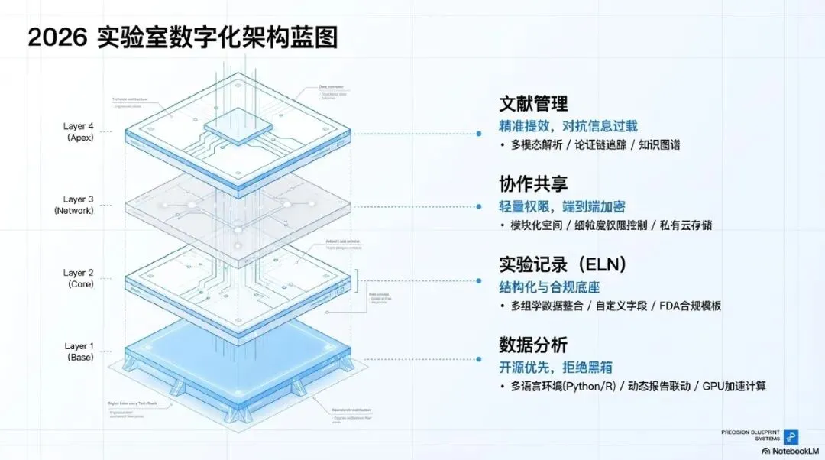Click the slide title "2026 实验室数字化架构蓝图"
tap(183, 36)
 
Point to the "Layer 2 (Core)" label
tap(79, 278)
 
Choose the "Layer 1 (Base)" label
tap(79, 351)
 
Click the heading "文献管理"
tap(533, 104)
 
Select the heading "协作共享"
tap(533, 184)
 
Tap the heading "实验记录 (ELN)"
tap(563, 264)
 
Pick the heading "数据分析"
tap(533, 345)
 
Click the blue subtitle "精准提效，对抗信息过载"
tap(568, 126)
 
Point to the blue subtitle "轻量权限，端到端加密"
tap(564, 206)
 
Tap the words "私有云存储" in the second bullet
tap(692, 225)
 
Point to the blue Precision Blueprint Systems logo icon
tap(792, 436)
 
